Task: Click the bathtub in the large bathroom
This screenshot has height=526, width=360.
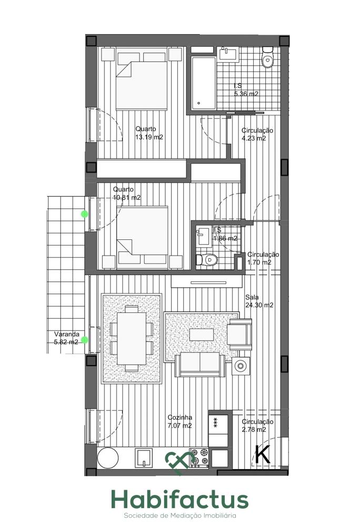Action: (203, 83)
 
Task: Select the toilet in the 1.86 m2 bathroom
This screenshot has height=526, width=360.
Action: (207, 259)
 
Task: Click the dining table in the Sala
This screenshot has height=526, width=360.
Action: (132, 338)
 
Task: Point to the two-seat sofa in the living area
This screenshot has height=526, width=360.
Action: (200, 365)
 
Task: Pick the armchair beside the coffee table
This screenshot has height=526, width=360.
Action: (240, 334)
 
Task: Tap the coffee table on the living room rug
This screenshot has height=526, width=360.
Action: (201, 335)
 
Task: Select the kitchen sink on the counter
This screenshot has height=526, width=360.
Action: (144, 458)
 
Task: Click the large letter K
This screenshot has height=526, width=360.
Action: (263, 454)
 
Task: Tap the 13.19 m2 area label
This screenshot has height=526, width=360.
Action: (149, 137)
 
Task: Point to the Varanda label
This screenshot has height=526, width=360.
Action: (67, 334)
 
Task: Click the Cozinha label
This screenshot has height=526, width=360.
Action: (180, 417)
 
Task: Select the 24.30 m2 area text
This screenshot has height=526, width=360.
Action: (259, 305)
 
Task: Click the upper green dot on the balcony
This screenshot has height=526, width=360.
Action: (85, 214)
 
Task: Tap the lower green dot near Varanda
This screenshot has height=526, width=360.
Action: (85, 340)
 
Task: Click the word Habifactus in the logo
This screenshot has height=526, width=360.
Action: (180, 499)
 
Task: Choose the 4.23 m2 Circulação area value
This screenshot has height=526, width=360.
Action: (254, 138)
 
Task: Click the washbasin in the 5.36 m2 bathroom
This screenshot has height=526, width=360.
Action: (228, 54)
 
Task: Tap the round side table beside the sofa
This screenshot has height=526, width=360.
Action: (241, 366)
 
